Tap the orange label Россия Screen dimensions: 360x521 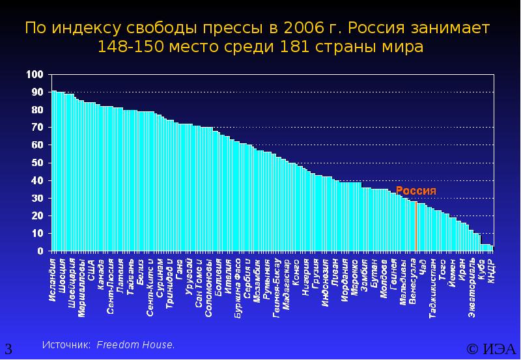click(415, 191)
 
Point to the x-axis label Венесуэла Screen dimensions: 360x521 click(414, 279)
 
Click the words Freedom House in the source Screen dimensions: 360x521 click(135, 344)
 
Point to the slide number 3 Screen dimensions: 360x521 click(8, 348)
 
